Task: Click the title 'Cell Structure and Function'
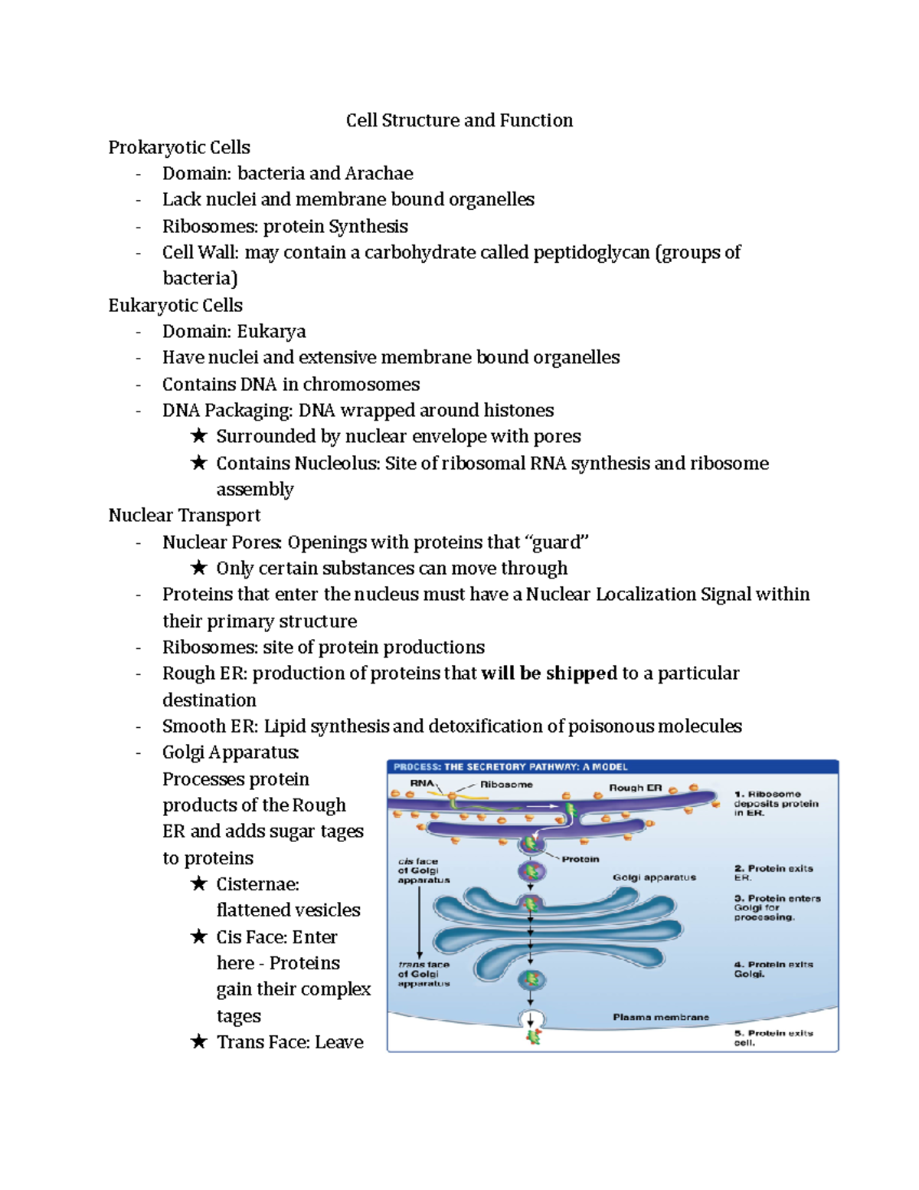click(x=459, y=120)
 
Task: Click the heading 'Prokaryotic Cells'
click(x=179, y=147)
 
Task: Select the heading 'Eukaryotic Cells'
click(x=175, y=305)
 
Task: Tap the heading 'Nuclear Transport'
click(x=184, y=515)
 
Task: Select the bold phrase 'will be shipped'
click(x=549, y=673)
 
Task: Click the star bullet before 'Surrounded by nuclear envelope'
click(x=199, y=436)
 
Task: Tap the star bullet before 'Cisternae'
click(x=199, y=883)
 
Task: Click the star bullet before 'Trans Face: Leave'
click(x=199, y=1041)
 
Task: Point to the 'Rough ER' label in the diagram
click(x=635, y=788)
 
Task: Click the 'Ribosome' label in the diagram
click(x=506, y=785)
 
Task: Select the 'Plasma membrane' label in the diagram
click(x=660, y=1017)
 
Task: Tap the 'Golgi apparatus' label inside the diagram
click(x=654, y=877)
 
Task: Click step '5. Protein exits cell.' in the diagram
click(x=773, y=1038)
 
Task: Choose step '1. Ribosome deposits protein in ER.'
click(x=776, y=803)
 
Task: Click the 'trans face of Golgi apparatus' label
click(x=424, y=974)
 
